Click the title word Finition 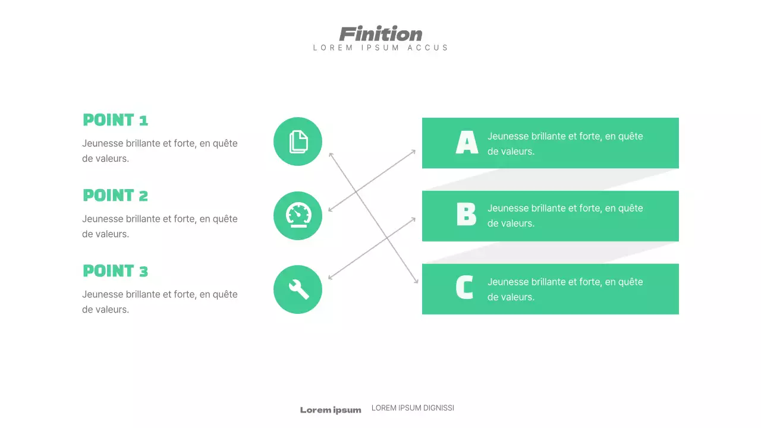(x=380, y=34)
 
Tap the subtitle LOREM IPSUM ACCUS (x=380, y=48)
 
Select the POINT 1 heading (x=115, y=120)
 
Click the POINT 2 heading (x=115, y=196)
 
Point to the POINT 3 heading (x=115, y=271)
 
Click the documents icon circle (x=298, y=141)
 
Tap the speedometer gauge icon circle (x=298, y=216)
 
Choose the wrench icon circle (x=298, y=289)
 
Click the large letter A (x=467, y=143)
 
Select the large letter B (x=467, y=215)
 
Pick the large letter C (x=464, y=288)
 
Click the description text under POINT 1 (x=159, y=151)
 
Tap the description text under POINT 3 (x=159, y=302)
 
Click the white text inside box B (x=565, y=216)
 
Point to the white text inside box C (x=565, y=289)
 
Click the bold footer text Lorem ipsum (x=331, y=410)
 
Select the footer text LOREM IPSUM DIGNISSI (x=413, y=408)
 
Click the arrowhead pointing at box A (x=414, y=151)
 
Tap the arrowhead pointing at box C (x=416, y=281)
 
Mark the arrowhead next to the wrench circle (x=330, y=278)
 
